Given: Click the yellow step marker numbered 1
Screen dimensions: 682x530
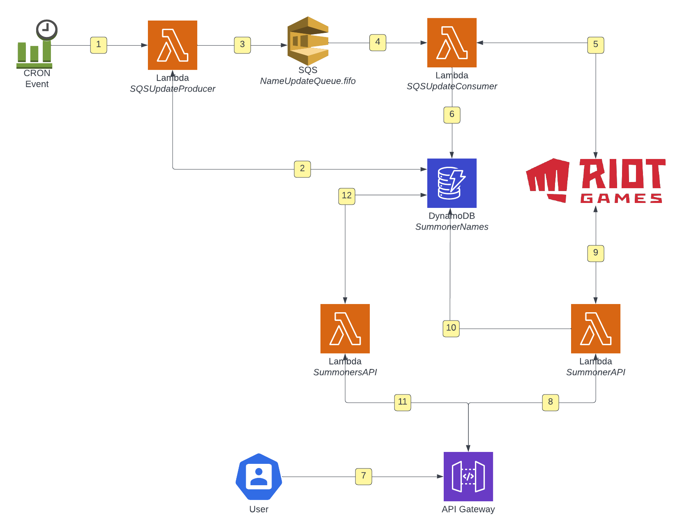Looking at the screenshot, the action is pos(98,45).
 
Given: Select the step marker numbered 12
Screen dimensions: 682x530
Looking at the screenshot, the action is pos(346,196).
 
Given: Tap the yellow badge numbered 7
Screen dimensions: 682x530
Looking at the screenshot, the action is pos(363,476).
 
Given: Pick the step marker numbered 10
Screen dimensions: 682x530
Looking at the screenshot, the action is pos(451,328).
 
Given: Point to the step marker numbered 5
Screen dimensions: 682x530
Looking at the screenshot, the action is pos(595,45).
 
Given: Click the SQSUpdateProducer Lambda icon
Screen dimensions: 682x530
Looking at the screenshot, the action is pos(172,45).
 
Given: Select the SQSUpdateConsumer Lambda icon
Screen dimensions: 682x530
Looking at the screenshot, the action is pos(452,42).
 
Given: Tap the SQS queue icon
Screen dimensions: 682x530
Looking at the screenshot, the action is pos(308,41).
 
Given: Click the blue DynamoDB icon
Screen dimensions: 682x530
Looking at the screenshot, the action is pos(452,183).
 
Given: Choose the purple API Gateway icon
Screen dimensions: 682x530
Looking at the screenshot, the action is pos(468,476).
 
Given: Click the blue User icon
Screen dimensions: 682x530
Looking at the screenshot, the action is pos(258,476).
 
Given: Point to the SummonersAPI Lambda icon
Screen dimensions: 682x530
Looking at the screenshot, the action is pos(345,328).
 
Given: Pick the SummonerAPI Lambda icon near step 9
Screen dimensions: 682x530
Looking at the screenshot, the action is pos(595,328).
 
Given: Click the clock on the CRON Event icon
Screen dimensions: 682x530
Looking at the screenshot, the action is pos(46,30).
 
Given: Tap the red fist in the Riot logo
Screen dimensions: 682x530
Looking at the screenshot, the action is pos(547,180).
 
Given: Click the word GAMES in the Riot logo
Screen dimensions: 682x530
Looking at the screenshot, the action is pos(621,198).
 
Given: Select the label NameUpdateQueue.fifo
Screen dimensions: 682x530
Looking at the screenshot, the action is pos(308,81).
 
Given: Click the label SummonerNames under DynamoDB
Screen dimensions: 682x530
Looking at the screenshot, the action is pos(452,226).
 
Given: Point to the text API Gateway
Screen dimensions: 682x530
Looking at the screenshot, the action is pos(468,509).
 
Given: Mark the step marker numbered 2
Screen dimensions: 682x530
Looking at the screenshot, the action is pos(302,169).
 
